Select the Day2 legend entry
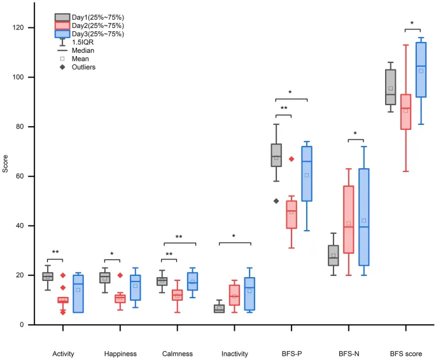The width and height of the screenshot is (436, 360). [89, 25]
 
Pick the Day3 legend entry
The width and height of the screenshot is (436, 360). [89, 33]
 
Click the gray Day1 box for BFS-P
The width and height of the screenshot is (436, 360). [276, 155]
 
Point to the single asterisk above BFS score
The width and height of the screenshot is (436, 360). [412, 24]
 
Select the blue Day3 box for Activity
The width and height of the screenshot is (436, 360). [78, 294]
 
